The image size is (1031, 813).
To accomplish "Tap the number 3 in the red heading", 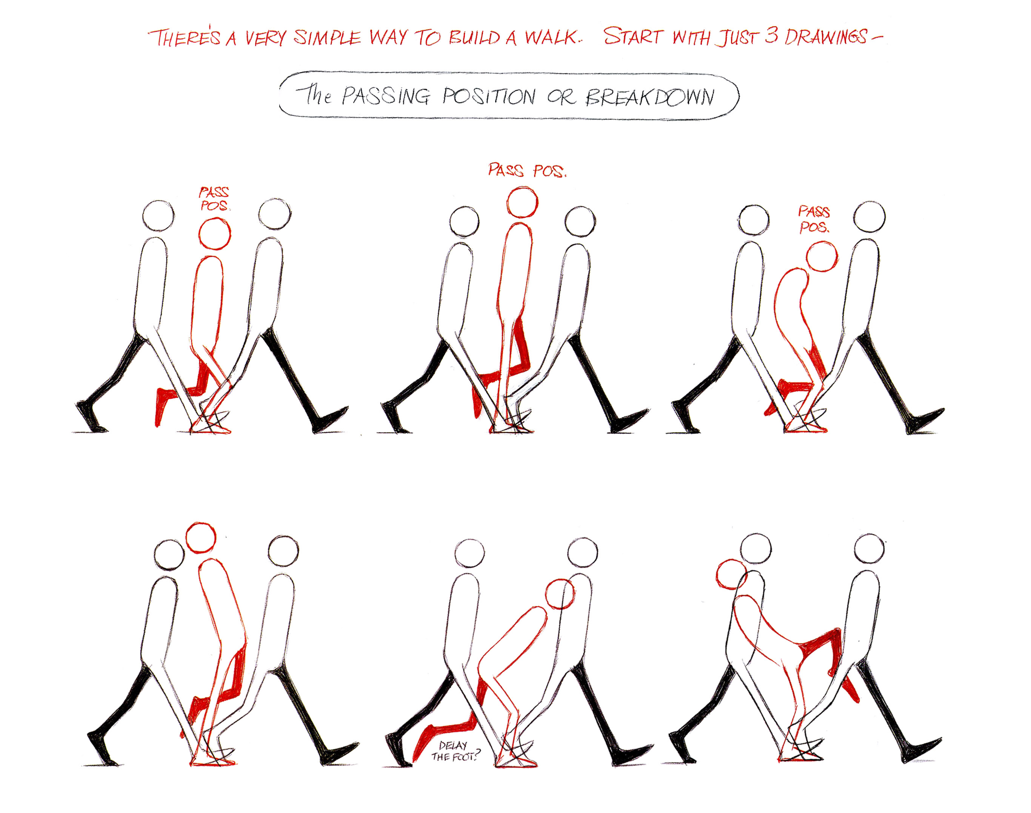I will click(771, 36).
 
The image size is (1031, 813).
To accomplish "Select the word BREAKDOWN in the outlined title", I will click(650, 97).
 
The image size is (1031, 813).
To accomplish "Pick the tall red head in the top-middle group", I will click(522, 202).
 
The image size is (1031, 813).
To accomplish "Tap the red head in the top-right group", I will click(822, 256).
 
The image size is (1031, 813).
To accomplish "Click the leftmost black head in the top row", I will click(158, 216).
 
